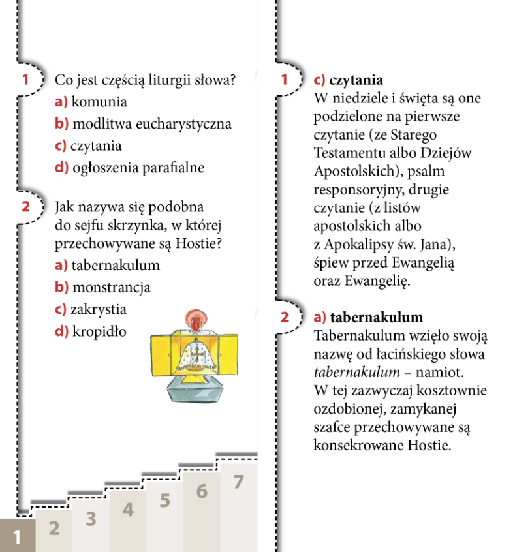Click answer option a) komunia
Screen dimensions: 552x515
click(91, 102)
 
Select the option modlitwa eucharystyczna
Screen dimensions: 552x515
click(143, 124)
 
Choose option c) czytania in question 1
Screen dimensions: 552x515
click(89, 146)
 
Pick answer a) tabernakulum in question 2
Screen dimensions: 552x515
click(108, 266)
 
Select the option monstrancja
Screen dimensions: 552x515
click(103, 287)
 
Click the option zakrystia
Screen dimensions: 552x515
click(91, 309)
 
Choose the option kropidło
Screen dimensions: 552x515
click(91, 331)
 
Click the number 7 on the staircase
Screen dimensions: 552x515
click(238, 483)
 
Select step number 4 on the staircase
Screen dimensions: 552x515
click(128, 510)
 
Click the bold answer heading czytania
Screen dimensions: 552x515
click(356, 80)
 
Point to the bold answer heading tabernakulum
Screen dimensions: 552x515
click(377, 318)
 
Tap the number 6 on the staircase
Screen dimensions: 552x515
click(202, 491)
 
